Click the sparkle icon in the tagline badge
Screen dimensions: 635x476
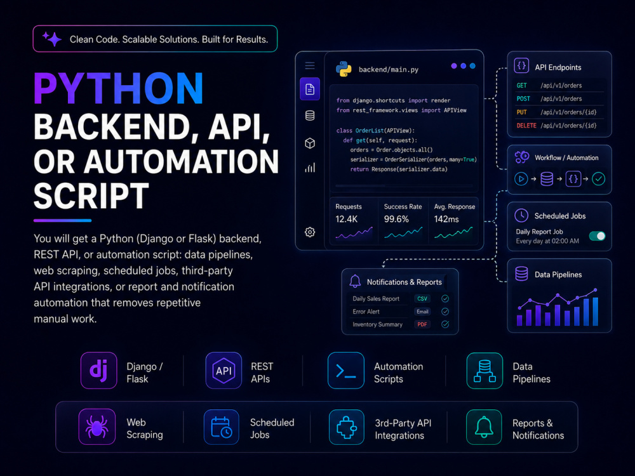[x=52, y=39]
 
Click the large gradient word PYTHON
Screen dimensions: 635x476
[x=118, y=89]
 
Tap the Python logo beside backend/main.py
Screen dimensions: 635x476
[x=344, y=69]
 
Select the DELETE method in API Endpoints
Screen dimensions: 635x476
[x=526, y=126]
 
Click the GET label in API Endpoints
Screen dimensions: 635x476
[x=521, y=86]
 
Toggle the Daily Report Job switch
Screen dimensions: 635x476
[x=598, y=236]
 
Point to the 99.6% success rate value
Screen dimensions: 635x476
[x=396, y=219]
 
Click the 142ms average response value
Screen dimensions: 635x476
[x=446, y=219]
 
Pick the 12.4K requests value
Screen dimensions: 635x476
[x=346, y=219]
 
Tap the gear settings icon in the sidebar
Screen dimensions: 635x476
[x=310, y=232]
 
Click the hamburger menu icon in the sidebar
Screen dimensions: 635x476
[x=310, y=65]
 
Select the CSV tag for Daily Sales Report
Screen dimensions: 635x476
[x=422, y=299]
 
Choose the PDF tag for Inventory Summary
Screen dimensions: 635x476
[x=422, y=324]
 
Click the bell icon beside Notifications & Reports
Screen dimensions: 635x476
[x=355, y=281]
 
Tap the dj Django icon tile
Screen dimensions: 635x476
[x=99, y=371]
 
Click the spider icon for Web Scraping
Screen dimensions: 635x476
[x=97, y=427]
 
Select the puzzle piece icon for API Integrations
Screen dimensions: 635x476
[x=347, y=427]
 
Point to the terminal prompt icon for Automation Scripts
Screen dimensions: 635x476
[x=346, y=371]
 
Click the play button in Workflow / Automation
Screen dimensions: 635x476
[x=521, y=178]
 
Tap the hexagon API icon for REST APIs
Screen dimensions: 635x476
[x=224, y=371]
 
